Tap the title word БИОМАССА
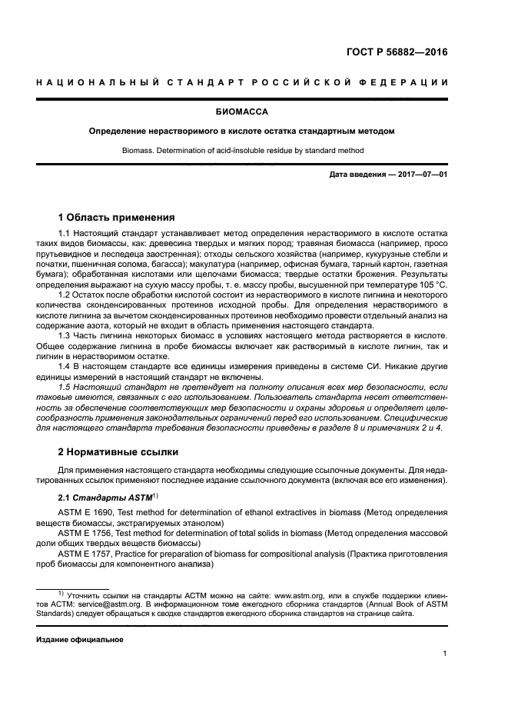254,112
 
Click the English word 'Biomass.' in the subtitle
138,150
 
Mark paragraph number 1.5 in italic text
65,387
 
